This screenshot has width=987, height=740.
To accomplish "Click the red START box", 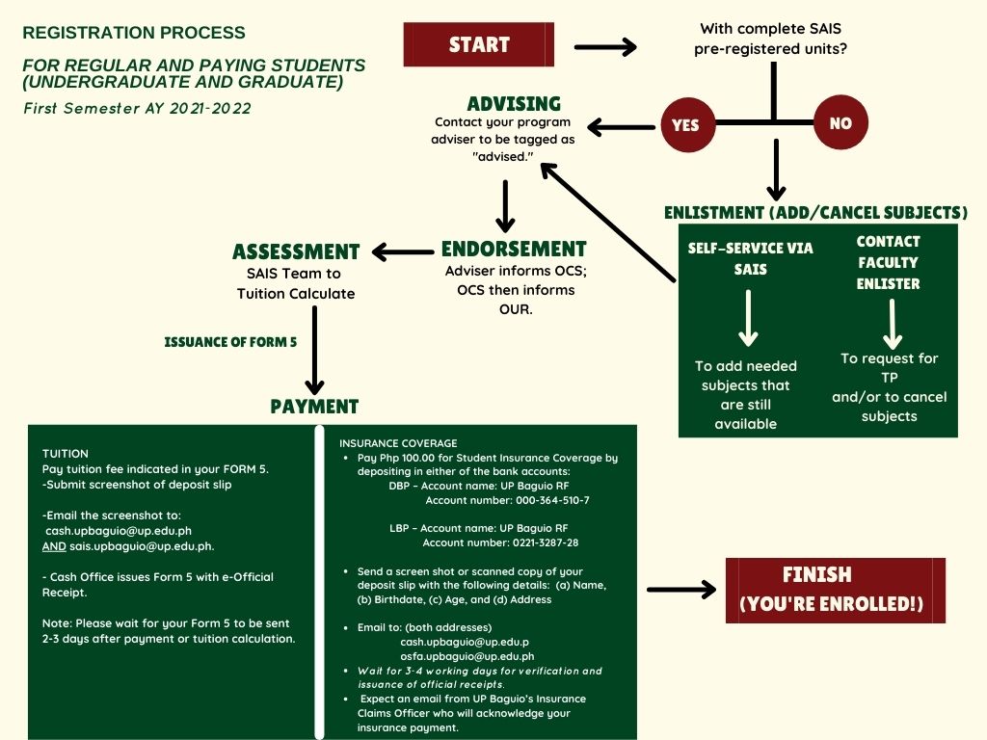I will coord(479,44).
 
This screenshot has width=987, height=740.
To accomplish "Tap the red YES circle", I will coord(685,124).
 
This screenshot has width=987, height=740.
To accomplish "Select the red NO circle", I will coord(840,123).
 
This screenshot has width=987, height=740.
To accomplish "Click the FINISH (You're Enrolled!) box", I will coord(835,590).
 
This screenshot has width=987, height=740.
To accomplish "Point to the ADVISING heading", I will coord(514,104).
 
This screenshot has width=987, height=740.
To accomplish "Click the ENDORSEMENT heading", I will coord(514,250).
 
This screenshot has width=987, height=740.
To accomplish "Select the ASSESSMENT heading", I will coord(296,252).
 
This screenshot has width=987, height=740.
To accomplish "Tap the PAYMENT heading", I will coord(314,407).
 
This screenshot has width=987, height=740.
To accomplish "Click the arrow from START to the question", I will coord(605,46).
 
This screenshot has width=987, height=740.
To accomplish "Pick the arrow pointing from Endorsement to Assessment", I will coord(403,252).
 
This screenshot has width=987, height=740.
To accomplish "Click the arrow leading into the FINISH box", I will coord(680,590).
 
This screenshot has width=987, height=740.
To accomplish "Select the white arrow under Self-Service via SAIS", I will coord(748,318).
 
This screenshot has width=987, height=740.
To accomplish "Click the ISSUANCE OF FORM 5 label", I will coord(230,342).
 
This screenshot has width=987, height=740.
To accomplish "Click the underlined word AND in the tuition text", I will coord(54,546).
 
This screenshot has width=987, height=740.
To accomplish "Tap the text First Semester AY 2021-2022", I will coord(137,109).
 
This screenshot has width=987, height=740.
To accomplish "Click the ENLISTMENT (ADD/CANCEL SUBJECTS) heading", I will coord(815,213).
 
